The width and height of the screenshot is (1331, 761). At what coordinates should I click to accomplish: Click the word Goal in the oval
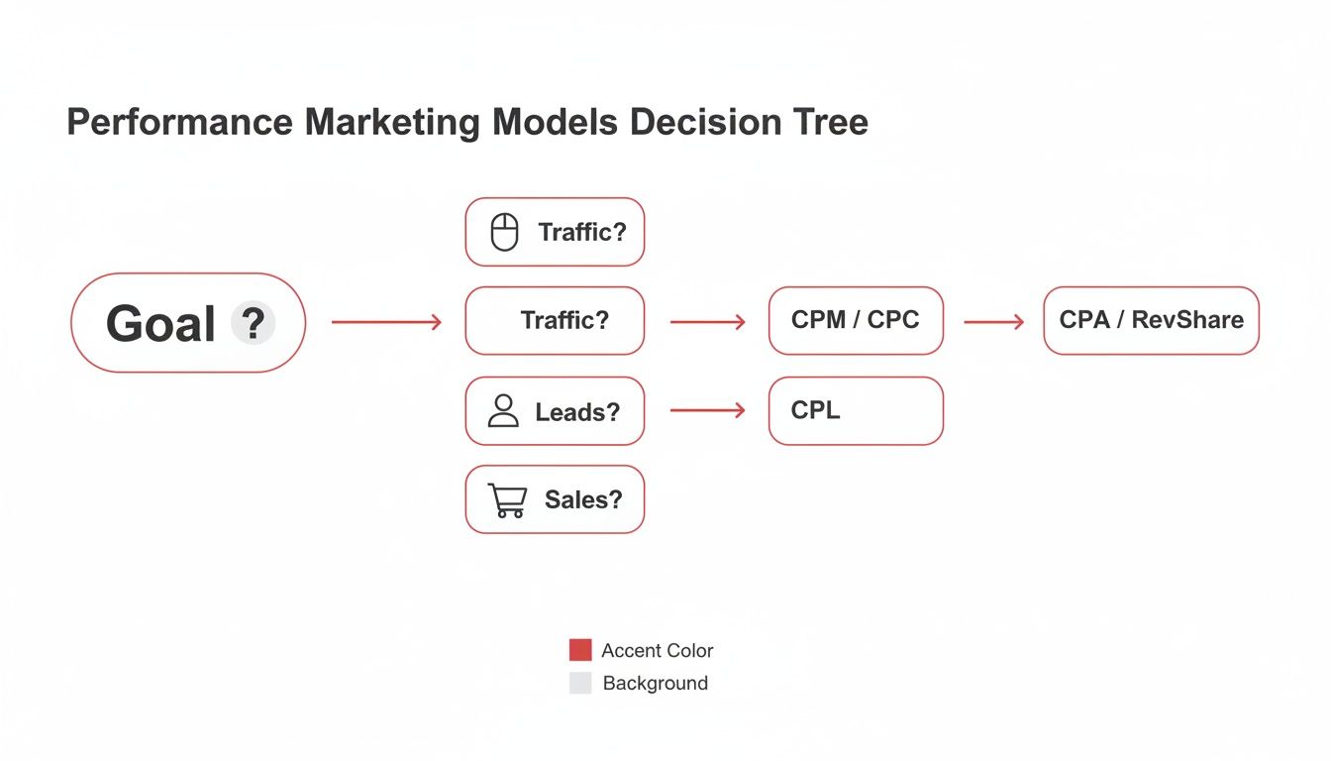pyautogui.click(x=160, y=323)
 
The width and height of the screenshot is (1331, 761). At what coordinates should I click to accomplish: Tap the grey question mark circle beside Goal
pyautogui.click(x=254, y=323)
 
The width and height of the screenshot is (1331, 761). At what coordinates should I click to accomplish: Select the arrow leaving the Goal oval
pyautogui.click(x=387, y=322)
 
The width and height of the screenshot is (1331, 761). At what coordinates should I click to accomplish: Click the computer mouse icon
pyautogui.click(x=504, y=232)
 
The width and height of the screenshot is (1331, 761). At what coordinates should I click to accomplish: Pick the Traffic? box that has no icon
pyautogui.click(x=555, y=321)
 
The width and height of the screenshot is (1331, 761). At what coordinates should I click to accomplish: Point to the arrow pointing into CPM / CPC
pyautogui.click(x=708, y=322)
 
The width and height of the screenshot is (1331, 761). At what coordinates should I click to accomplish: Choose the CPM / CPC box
pyautogui.click(x=856, y=321)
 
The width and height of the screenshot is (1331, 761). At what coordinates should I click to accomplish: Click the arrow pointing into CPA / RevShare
pyautogui.click(x=994, y=322)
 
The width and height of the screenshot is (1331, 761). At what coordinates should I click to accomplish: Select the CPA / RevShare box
pyautogui.click(x=1152, y=321)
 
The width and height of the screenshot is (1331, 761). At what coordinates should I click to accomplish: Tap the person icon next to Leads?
pyautogui.click(x=503, y=411)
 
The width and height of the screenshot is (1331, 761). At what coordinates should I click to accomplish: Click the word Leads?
pyautogui.click(x=577, y=412)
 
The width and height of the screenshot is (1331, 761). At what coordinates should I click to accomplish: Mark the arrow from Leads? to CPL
pyautogui.click(x=708, y=409)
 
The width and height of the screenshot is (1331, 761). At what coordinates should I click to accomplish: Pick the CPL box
pyautogui.click(x=856, y=411)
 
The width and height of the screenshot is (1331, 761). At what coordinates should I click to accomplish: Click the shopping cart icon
pyautogui.click(x=507, y=500)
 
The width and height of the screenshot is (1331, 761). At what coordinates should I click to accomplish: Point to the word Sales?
pyautogui.click(x=583, y=499)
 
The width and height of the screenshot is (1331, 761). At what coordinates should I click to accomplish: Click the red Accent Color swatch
pyautogui.click(x=580, y=650)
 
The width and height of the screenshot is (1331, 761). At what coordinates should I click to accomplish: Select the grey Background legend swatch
pyautogui.click(x=580, y=683)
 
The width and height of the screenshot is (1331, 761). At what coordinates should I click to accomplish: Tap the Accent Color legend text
pyautogui.click(x=658, y=650)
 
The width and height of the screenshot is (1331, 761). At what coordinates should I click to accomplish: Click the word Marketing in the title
pyautogui.click(x=392, y=123)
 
